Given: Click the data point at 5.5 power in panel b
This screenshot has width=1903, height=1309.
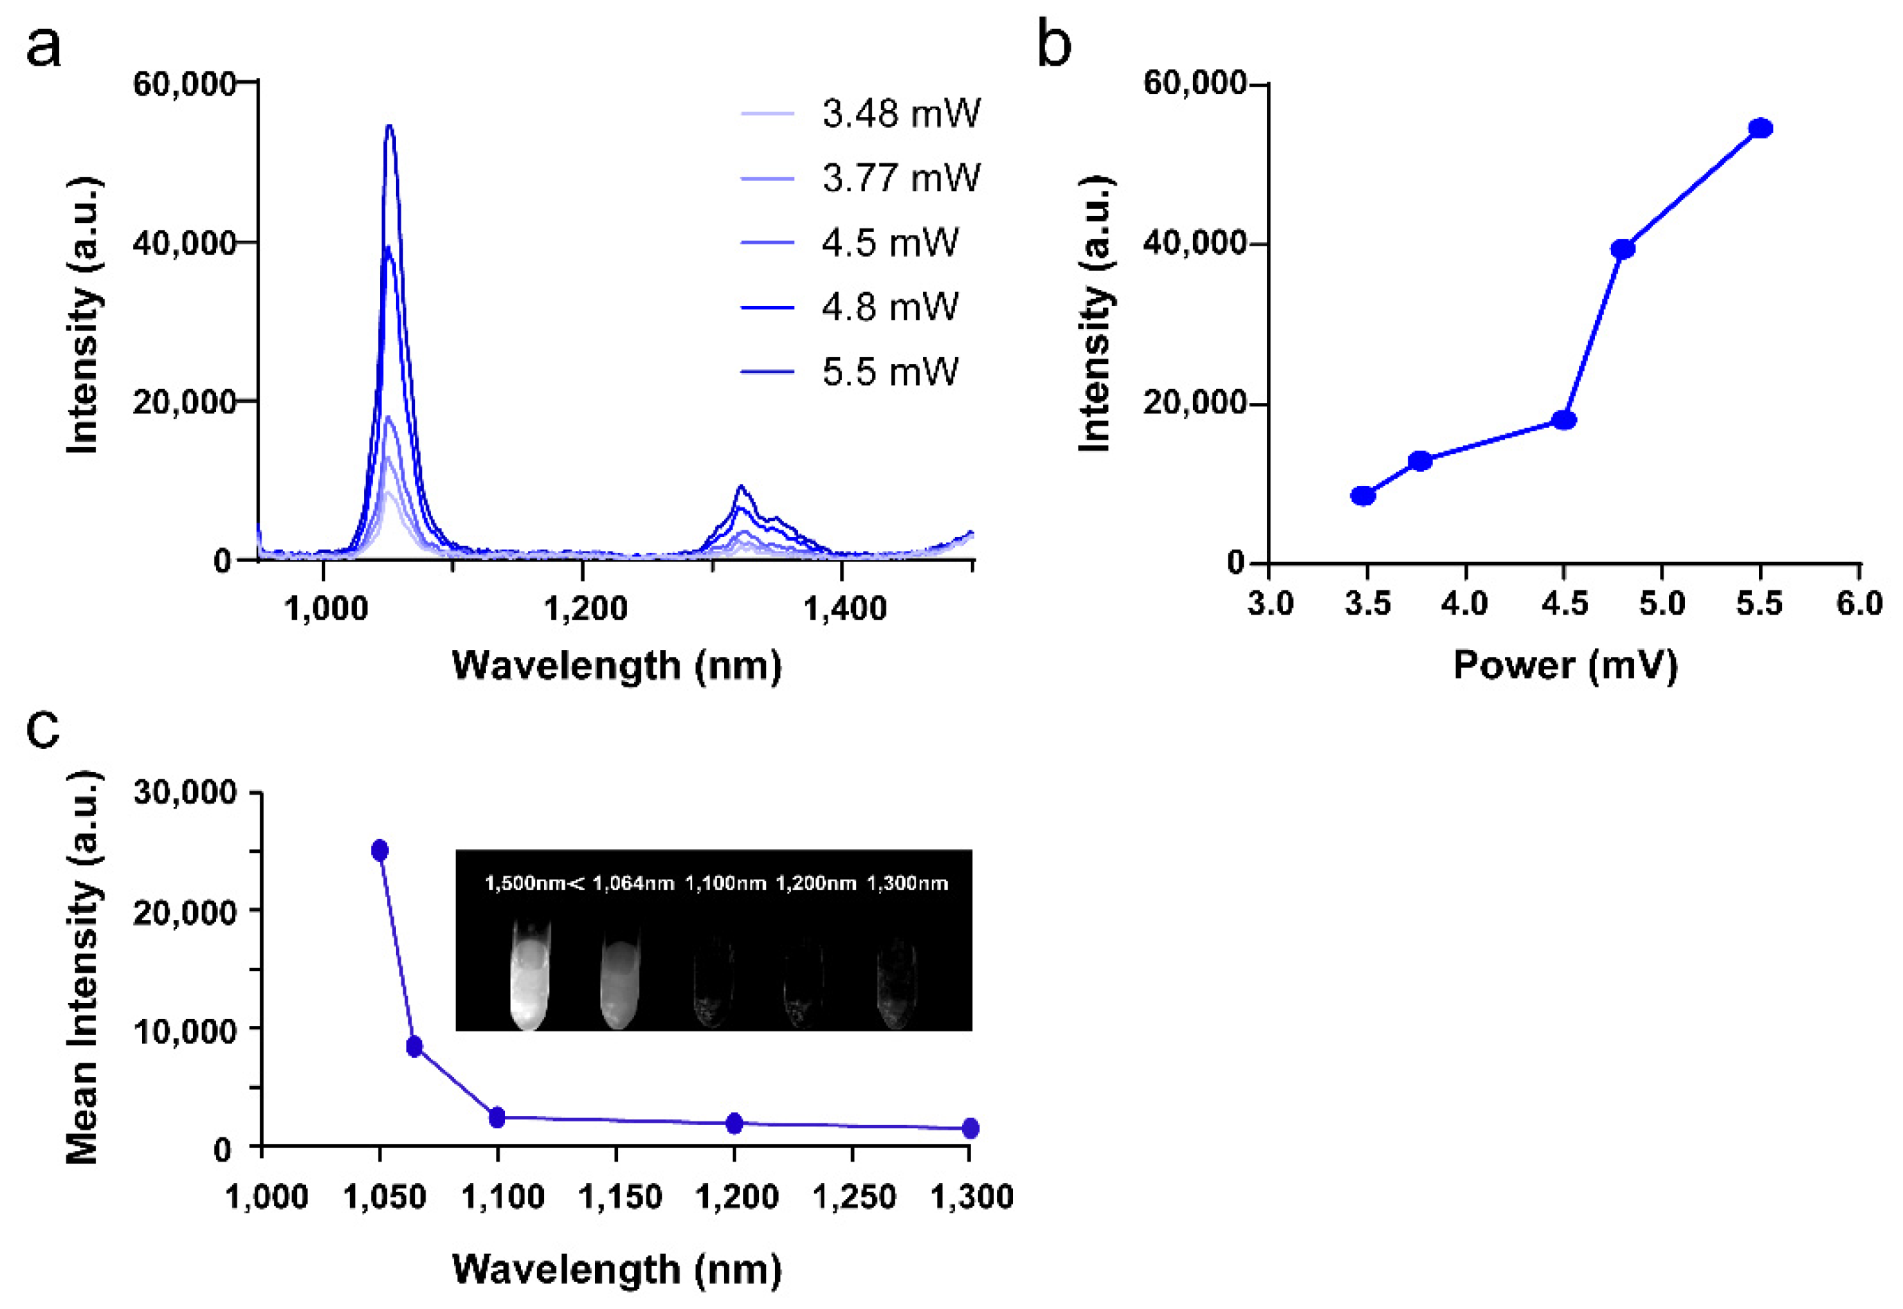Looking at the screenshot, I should point(1760,129).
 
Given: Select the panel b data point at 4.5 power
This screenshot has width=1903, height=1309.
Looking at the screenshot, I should point(1565,420).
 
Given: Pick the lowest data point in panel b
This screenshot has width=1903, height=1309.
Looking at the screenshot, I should point(1363,496).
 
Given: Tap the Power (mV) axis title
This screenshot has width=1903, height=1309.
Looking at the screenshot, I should point(1565,665).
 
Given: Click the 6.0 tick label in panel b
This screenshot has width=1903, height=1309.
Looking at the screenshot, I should point(1859,604).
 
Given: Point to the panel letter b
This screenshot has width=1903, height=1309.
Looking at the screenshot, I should point(1055,45).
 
